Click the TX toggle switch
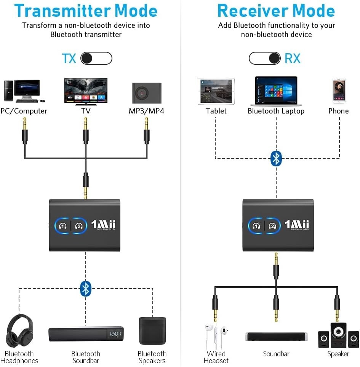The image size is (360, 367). (x=96, y=58)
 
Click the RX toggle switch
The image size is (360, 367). (x=265, y=58)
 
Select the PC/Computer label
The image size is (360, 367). (x=24, y=111)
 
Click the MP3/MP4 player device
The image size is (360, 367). (x=147, y=93)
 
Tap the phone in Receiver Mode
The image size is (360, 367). (x=339, y=91)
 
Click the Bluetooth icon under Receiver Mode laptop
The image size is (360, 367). (x=276, y=158)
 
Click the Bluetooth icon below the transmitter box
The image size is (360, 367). (x=86, y=289)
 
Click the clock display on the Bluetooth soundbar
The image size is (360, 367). (x=115, y=334)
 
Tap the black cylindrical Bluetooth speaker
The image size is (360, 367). (x=152, y=330)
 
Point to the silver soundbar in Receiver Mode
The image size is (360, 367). (x=276, y=337)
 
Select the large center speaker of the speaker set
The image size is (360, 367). (x=338, y=334)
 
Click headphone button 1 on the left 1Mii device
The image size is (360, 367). (x=63, y=225)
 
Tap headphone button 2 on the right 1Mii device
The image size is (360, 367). (x=272, y=225)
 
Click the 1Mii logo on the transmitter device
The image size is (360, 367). (x=103, y=225)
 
